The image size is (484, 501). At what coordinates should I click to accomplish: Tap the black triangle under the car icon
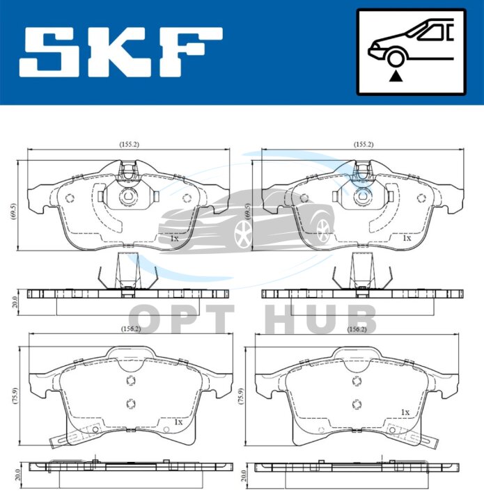(396, 76)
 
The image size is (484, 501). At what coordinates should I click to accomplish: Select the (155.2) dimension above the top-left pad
(129, 145)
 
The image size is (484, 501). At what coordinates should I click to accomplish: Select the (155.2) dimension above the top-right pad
(363, 145)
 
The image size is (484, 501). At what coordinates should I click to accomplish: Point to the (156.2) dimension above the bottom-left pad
(131, 328)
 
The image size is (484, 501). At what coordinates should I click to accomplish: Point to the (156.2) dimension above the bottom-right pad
(357, 329)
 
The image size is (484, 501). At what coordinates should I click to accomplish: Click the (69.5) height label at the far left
(13, 211)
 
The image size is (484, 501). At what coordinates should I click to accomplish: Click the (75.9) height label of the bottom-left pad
(15, 396)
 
